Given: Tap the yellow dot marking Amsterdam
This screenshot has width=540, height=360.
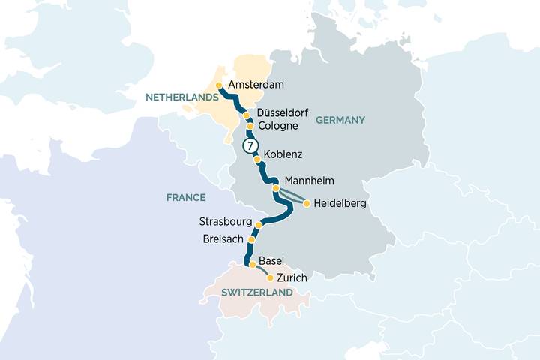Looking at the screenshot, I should click(219, 85).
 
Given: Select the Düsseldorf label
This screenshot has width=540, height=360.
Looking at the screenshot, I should click(283, 112).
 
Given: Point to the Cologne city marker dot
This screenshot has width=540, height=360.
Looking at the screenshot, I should click(250, 127).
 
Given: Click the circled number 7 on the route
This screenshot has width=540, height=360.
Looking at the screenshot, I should click(250, 145).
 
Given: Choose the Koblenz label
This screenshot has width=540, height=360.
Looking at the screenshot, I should click(283, 154).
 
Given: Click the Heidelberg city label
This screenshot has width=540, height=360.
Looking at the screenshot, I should click(341, 203).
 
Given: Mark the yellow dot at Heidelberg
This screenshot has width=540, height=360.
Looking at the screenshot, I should click(307, 203).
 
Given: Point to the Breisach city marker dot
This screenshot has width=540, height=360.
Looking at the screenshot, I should click(251, 240).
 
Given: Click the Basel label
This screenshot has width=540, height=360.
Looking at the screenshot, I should click(271, 261).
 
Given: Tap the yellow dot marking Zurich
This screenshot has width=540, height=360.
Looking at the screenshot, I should click(270, 277).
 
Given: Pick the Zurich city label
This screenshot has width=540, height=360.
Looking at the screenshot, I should click(292, 278).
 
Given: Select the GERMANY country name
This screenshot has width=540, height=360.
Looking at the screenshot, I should click(340, 120).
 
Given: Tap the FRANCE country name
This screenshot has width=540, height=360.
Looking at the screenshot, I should click(187, 197).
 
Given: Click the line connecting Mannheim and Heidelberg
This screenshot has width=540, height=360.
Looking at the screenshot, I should click(292, 196).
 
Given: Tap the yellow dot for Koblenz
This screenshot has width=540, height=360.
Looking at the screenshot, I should click(257, 160).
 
